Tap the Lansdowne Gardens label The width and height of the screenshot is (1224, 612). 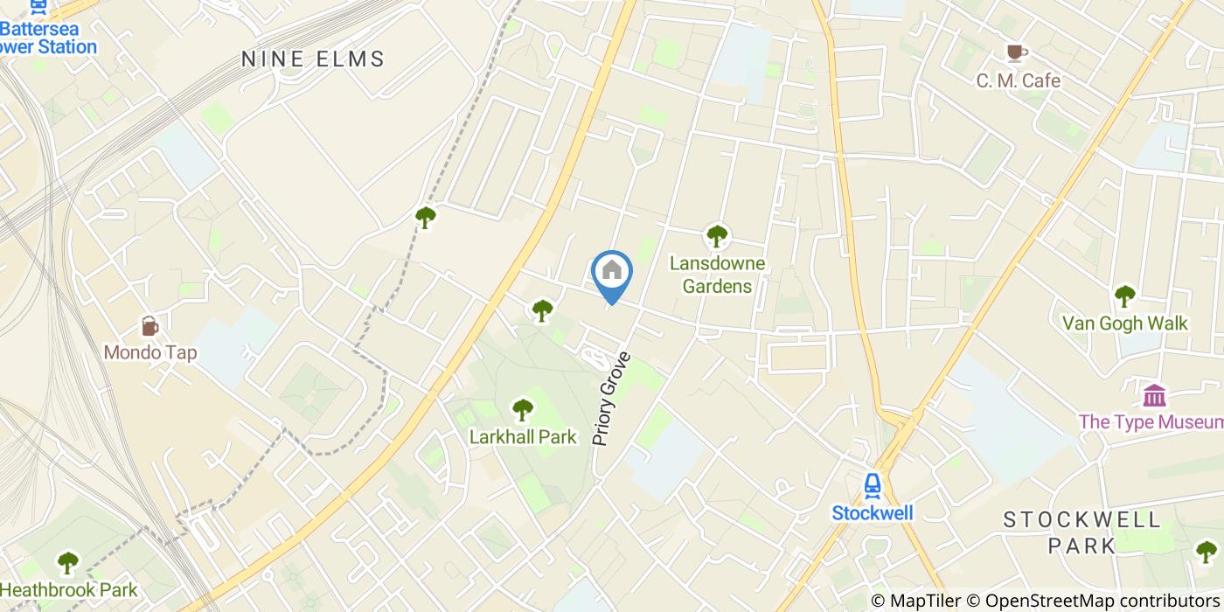(717, 275)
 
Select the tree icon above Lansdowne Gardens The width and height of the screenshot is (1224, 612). (717, 235)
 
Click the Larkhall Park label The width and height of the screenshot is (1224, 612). (523, 436)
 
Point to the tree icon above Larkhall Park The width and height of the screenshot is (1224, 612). (523, 408)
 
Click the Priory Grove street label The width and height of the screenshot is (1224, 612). (611, 400)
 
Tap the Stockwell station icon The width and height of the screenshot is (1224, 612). (872, 485)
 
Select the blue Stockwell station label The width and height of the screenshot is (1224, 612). (872, 513)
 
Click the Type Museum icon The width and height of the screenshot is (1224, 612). (1154, 395)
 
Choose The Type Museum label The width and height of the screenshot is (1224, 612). (1150, 422)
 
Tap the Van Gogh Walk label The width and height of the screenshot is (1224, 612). (1124, 323)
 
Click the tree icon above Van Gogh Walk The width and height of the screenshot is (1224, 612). (1124, 296)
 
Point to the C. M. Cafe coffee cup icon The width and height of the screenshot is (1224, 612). (1015, 53)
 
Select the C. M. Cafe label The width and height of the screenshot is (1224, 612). (1018, 81)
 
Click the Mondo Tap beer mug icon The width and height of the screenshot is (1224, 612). (150, 327)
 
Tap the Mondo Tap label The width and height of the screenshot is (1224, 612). (150, 353)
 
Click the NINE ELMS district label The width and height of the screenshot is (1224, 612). (313, 59)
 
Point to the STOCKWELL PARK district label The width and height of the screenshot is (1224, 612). (1081, 532)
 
